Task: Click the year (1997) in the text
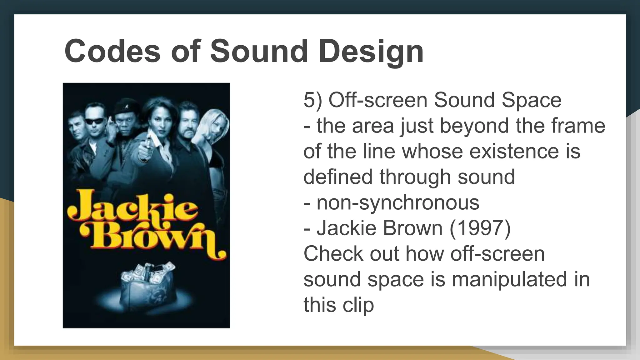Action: coord(480,228)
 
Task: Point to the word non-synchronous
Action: coord(398,202)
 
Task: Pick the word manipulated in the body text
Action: coord(509,279)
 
